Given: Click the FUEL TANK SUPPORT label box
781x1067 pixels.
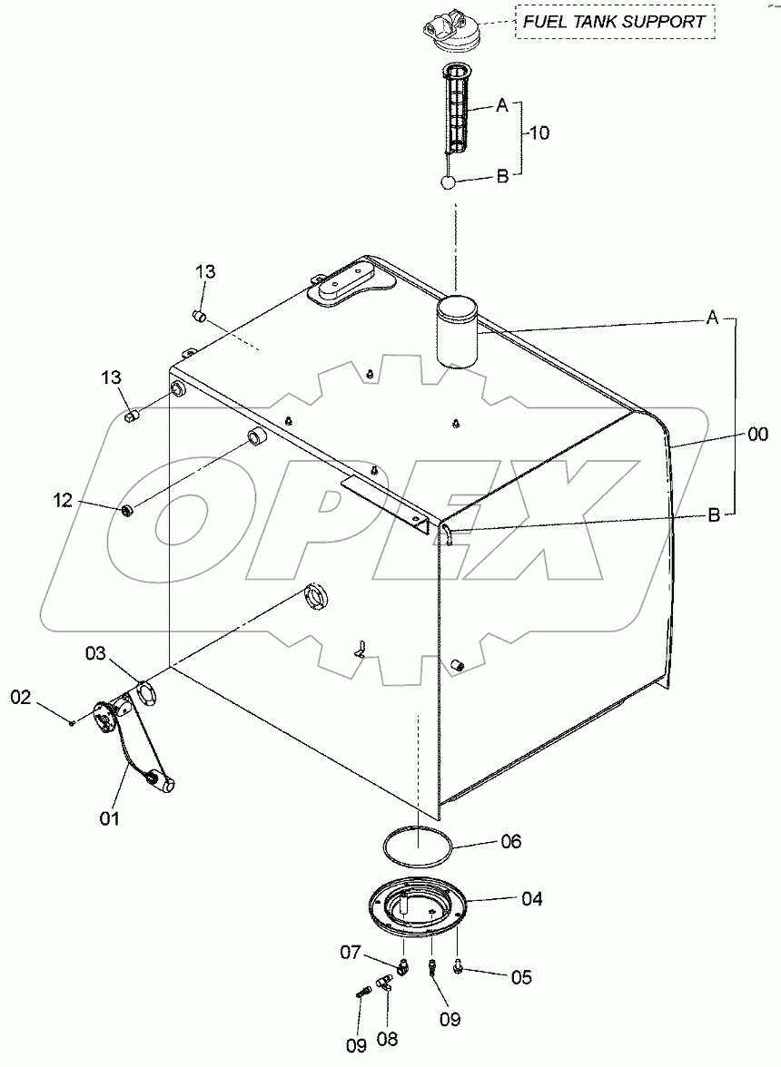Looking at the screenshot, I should click(x=614, y=22).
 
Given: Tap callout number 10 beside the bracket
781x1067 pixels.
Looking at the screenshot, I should click(x=539, y=132).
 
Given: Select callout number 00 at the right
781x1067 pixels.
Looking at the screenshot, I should click(x=757, y=435).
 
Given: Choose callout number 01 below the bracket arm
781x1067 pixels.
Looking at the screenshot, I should click(x=110, y=817).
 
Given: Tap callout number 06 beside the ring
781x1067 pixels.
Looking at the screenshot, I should click(x=510, y=842).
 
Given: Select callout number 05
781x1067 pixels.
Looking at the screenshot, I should click(x=520, y=977).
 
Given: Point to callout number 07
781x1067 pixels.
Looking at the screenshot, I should click(x=351, y=953).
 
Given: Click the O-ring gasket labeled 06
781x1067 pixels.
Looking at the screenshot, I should click(x=417, y=844).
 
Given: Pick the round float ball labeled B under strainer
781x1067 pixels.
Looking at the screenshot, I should click(x=447, y=182).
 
